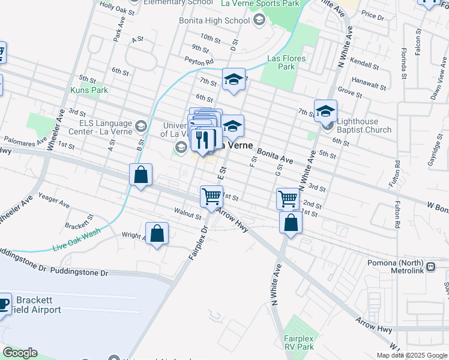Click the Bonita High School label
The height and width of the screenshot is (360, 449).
pyautogui.click(x=214, y=20)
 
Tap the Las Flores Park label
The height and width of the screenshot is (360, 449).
pyautogui.click(x=286, y=62)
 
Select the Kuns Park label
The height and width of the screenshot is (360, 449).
pyautogui.click(x=89, y=90)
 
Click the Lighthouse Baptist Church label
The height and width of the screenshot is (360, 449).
pyautogui.click(x=364, y=125)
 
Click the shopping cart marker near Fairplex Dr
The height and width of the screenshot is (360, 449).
pyautogui.click(x=211, y=196)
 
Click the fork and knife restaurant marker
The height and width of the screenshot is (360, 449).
pyautogui.click(x=203, y=140)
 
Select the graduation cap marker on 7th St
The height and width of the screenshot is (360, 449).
pyautogui.click(x=234, y=79)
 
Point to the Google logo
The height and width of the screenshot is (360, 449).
pyautogui.click(x=19, y=353)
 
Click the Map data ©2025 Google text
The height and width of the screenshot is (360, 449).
pyautogui.click(x=411, y=355)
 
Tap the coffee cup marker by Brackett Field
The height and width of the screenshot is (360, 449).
pyautogui.click(x=3, y=304)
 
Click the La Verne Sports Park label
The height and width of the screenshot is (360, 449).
pyautogui.click(x=260, y=4)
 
